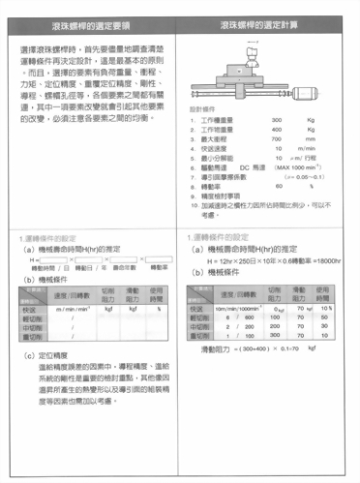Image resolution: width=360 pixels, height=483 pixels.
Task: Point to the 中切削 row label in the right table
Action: [197, 326]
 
